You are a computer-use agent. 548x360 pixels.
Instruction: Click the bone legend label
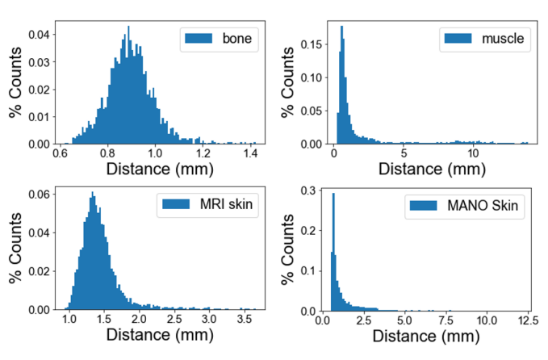237,39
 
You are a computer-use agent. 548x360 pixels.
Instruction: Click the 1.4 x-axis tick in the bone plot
250,153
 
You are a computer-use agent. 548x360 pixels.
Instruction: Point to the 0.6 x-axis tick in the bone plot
60,153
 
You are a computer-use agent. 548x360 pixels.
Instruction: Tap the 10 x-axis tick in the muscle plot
473,153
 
